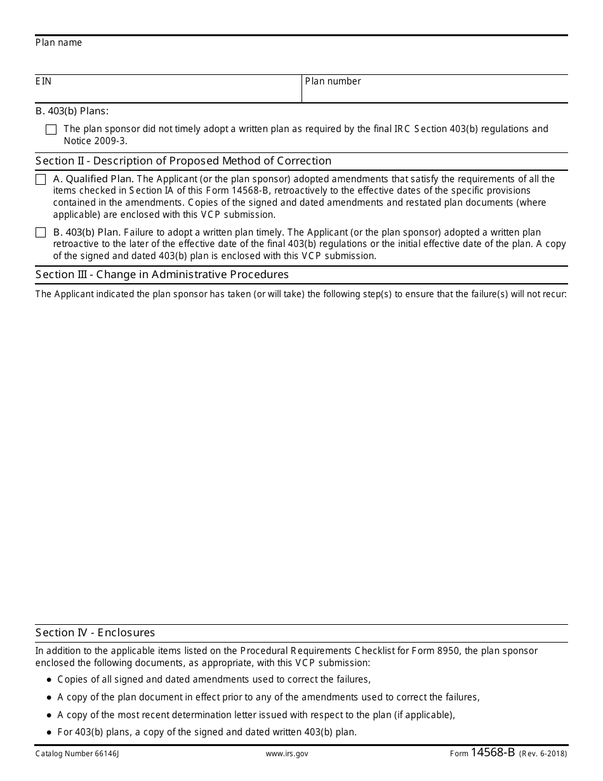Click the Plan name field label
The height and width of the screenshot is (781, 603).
[x=59, y=43]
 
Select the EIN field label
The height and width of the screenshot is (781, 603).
[x=44, y=81]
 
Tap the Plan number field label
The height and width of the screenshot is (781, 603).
[x=333, y=81]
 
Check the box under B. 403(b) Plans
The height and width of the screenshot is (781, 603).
[x=51, y=130]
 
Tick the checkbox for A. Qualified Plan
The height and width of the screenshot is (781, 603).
[x=41, y=180]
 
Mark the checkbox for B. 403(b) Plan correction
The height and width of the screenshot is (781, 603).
[x=41, y=233]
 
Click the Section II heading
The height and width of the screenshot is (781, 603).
[x=183, y=161]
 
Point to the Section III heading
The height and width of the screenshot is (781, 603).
[x=162, y=274]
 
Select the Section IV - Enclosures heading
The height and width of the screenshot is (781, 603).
[x=95, y=632]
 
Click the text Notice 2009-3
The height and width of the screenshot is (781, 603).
[x=95, y=141]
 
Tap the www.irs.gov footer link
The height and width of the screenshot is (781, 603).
[x=287, y=754]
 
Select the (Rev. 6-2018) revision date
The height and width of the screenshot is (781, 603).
[x=543, y=754]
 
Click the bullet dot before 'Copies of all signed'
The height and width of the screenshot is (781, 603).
[x=50, y=680]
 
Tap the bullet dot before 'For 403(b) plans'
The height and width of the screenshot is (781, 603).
[x=50, y=732]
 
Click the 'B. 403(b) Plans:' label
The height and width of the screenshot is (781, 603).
[x=72, y=111]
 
